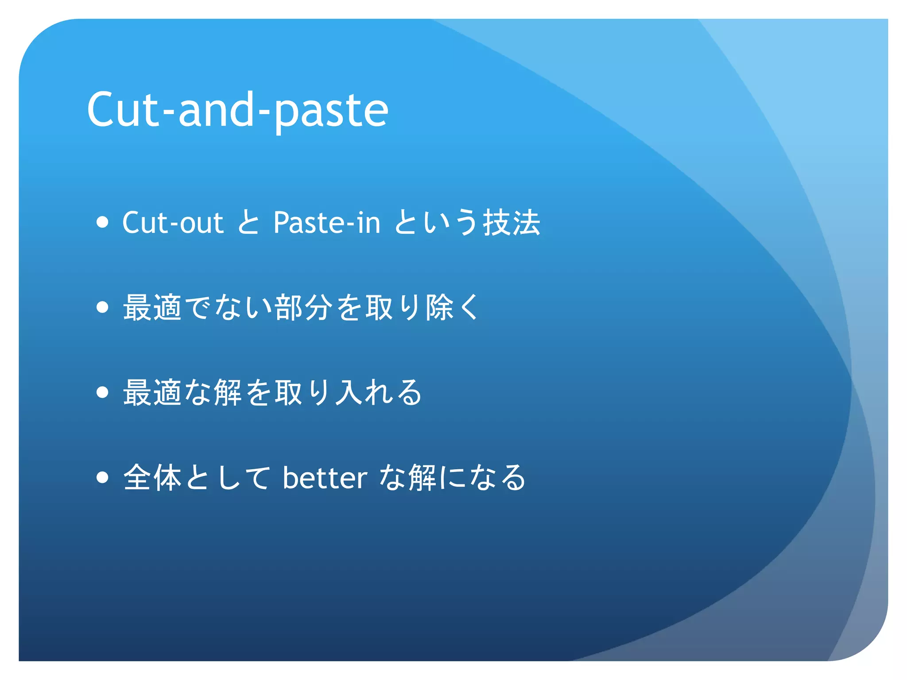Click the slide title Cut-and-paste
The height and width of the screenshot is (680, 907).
(x=237, y=110)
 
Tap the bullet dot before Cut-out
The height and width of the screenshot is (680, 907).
(x=102, y=222)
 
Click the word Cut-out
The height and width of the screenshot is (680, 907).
(x=172, y=222)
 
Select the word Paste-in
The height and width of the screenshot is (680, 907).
(x=327, y=222)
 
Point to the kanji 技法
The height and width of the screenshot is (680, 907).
(x=512, y=222)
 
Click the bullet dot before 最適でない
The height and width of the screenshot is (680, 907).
(x=102, y=307)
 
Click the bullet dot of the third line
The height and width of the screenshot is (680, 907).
(x=102, y=392)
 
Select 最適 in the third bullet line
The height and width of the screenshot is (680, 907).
(x=152, y=393)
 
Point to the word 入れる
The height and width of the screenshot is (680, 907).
(x=379, y=393)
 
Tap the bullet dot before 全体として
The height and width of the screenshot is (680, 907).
(x=102, y=477)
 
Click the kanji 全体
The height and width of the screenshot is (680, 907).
(x=152, y=478)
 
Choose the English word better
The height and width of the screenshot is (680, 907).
(x=325, y=478)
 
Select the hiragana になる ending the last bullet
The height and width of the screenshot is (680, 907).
(x=483, y=478)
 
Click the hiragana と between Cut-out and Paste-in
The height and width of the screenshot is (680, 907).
(x=248, y=222)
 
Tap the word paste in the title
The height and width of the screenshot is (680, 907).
(x=331, y=111)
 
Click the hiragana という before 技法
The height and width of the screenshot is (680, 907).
(x=436, y=222)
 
